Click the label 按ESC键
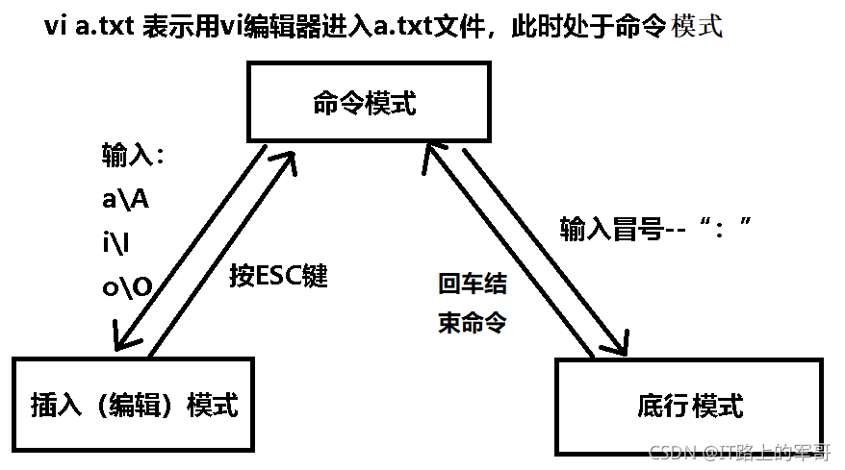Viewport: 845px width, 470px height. (278, 277)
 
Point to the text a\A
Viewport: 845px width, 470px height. (125, 200)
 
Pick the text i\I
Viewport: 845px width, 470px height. (119, 243)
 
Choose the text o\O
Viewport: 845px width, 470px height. (126, 286)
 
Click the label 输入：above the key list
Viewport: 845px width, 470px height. (135, 157)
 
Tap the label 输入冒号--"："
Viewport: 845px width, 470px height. (654, 228)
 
